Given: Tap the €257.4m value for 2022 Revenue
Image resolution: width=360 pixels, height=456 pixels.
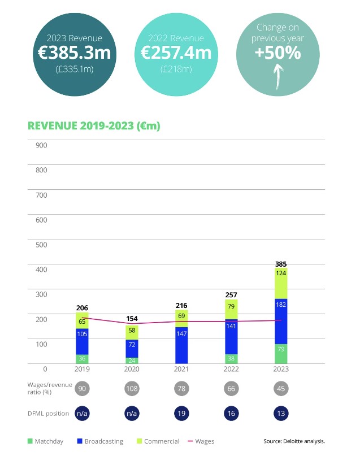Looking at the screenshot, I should click(x=176, y=54).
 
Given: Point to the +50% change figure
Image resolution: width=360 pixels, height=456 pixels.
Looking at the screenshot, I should click(x=277, y=54).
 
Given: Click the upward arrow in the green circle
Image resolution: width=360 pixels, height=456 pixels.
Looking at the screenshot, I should click(x=277, y=77).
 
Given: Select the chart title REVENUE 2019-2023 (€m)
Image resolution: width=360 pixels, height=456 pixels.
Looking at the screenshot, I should click(x=94, y=125).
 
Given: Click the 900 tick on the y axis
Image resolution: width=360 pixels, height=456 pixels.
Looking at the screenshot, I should click(x=41, y=145).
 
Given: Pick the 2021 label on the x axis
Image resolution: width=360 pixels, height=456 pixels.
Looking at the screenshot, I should click(x=181, y=369).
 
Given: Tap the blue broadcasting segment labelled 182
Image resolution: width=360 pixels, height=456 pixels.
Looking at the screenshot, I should click(x=281, y=320).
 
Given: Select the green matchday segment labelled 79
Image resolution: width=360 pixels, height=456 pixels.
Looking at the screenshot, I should click(x=281, y=353).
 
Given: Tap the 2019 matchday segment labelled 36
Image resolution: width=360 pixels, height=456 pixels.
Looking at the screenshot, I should click(x=83, y=358).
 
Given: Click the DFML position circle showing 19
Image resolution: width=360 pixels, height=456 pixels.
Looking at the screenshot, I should click(x=181, y=413).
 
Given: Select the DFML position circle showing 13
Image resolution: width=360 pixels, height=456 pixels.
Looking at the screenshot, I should click(x=281, y=413).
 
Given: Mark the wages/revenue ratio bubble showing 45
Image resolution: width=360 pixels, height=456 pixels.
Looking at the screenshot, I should click(x=281, y=389).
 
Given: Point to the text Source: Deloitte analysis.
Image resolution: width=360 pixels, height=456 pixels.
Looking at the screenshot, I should click(x=294, y=441).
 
